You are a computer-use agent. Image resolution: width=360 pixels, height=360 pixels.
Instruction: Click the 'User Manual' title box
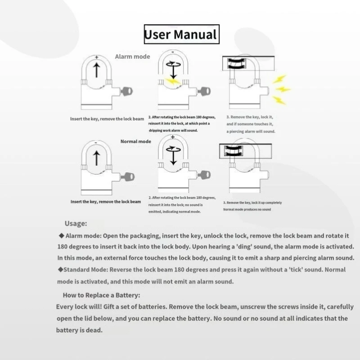[181, 34]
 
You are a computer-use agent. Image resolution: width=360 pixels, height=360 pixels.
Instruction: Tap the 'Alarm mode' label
[132, 57]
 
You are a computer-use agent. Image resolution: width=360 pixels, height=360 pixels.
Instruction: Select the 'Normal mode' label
[135, 141]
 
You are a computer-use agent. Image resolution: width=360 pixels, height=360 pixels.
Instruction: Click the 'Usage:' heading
[76, 224]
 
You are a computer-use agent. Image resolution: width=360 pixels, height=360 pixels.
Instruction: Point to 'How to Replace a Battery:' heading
[102, 295]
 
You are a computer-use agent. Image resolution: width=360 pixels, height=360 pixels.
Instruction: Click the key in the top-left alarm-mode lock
[126, 92]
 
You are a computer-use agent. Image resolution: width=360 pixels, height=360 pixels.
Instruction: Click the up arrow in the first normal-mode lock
[95, 158]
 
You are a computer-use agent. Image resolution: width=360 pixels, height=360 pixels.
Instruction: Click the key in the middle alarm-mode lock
[203, 92]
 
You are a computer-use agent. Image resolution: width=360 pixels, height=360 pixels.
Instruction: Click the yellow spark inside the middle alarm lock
[171, 81]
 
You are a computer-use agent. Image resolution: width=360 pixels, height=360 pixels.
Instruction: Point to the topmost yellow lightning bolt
[279, 79]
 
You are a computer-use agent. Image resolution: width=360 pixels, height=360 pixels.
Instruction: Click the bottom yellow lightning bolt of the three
[279, 100]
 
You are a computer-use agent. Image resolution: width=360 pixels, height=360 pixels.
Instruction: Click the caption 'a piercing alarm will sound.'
[251, 131]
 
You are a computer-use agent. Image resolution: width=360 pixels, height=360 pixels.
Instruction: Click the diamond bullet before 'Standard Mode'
[60, 270]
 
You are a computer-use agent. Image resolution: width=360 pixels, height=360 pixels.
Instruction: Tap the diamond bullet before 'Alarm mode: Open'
[61, 235]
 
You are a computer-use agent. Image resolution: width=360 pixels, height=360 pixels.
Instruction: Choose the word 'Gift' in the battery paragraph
[112, 307]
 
